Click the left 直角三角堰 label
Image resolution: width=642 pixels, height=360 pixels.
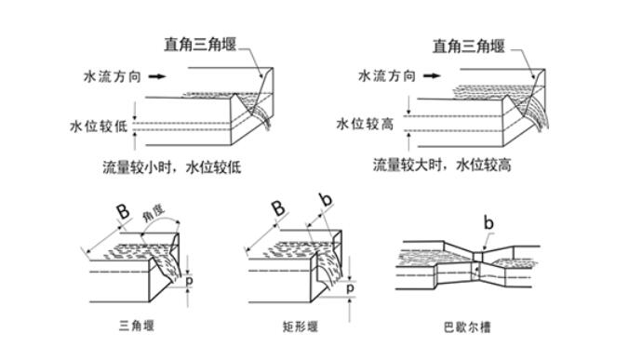pyautogui.click(x=200, y=44)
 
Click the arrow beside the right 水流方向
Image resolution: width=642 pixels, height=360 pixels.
pyautogui.click(x=430, y=78)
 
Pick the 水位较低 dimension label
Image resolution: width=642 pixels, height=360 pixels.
pyautogui.click(x=98, y=126)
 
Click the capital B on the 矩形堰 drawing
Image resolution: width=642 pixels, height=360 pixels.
pyautogui.click(x=278, y=210)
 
